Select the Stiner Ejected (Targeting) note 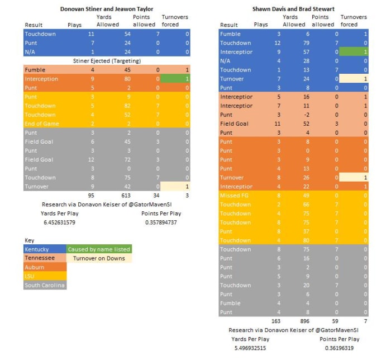(x=107, y=60)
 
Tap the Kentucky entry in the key (x=37, y=249)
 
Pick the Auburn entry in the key (x=35, y=267)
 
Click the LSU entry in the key (x=30, y=276)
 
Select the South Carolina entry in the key (x=45, y=285)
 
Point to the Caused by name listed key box (x=99, y=249)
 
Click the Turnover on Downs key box (x=99, y=258)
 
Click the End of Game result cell (x=42, y=124)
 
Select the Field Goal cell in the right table (x=235, y=124)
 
